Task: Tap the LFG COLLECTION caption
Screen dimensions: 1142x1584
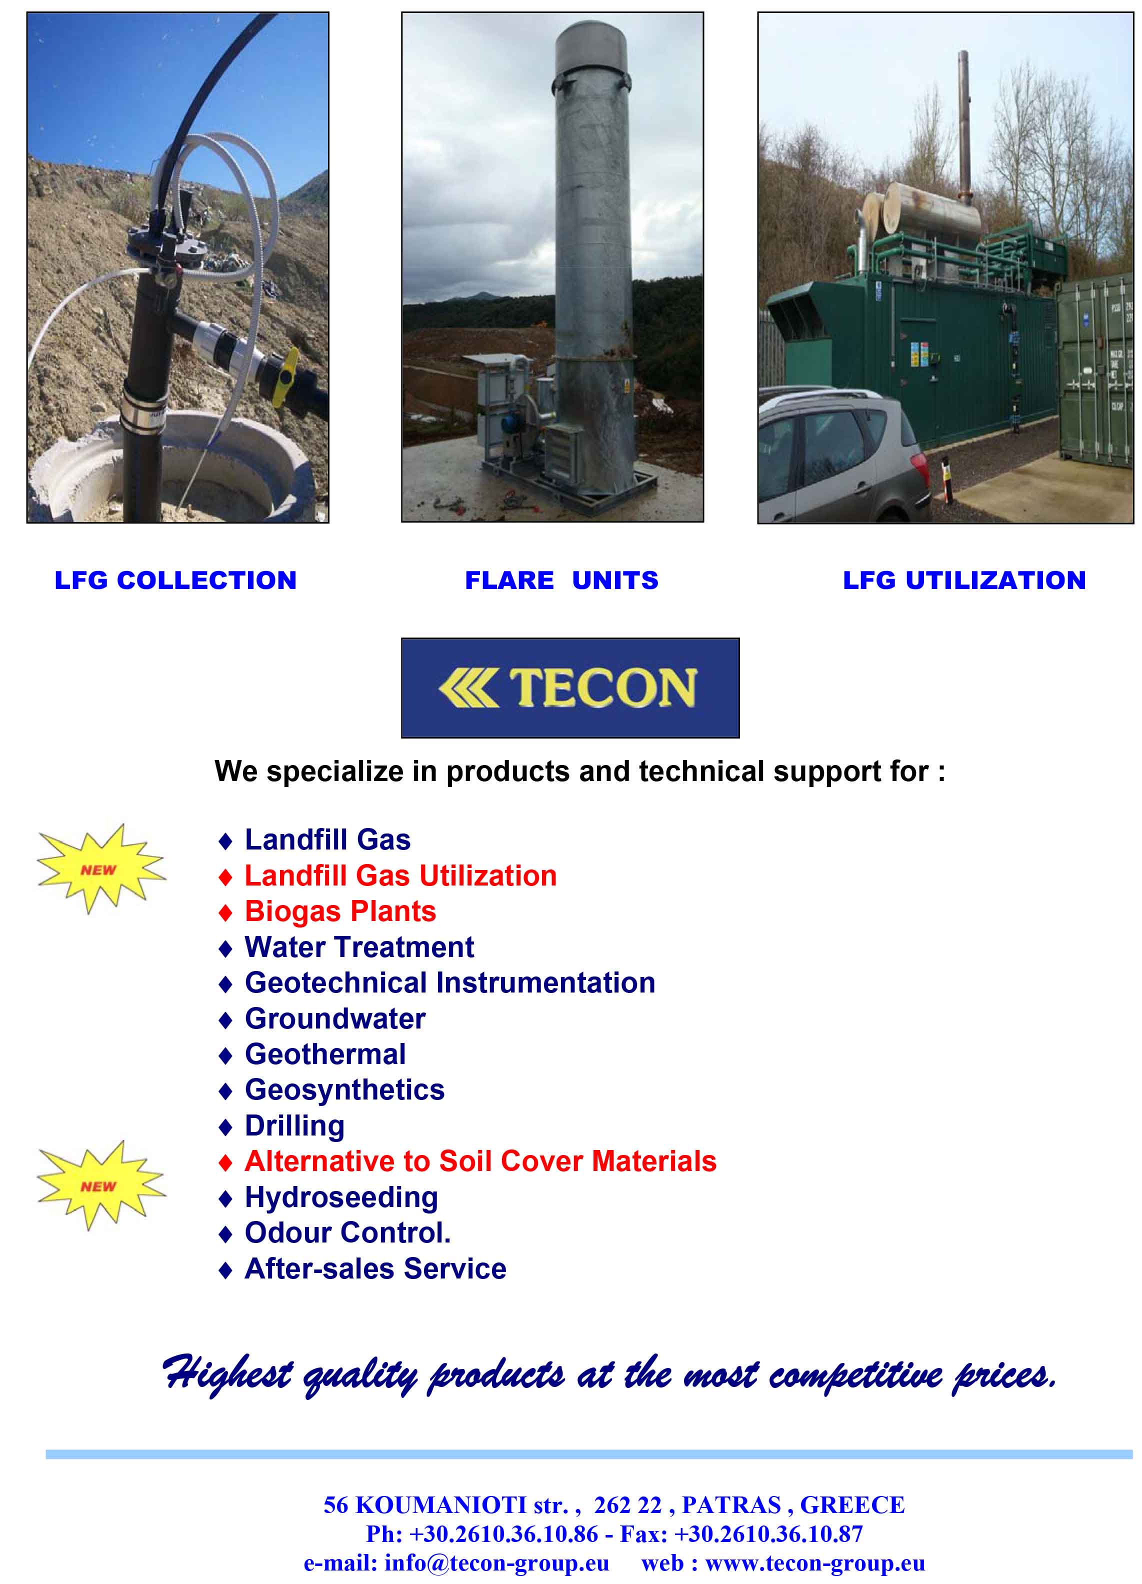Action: pos(175,580)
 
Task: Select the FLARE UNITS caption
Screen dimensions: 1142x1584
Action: pos(561,580)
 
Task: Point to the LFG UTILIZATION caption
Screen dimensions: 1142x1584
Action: pos(964,580)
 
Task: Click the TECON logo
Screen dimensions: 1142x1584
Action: pos(570,688)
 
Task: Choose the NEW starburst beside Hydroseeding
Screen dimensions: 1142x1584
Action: pos(100,1185)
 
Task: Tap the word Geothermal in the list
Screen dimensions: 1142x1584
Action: pos(325,1054)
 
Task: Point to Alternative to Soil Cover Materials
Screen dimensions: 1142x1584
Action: pos(480,1161)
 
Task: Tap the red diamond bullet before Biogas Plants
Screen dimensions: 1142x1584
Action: pos(225,913)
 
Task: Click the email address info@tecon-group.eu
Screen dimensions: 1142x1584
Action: pos(496,1563)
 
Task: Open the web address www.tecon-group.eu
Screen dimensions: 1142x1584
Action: pos(815,1563)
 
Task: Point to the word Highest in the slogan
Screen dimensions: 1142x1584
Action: pos(227,1372)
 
